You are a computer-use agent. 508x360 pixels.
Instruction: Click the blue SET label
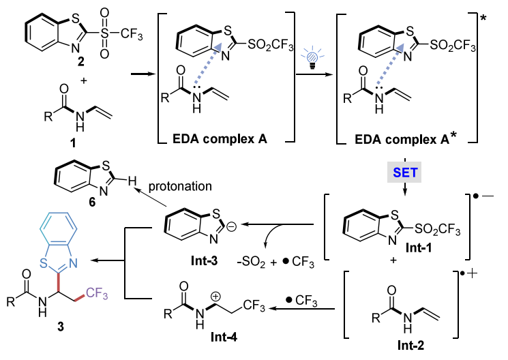click(405, 172)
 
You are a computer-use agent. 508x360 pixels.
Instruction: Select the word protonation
click(180, 186)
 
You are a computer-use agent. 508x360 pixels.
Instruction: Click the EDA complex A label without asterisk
click(220, 138)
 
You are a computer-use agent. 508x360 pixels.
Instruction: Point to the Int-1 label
click(419, 248)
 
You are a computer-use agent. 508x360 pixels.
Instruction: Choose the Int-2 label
click(410, 345)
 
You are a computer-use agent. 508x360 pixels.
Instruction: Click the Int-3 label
click(204, 260)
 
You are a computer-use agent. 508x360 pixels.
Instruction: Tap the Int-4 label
click(224, 337)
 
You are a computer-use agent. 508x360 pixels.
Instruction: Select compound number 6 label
click(92, 202)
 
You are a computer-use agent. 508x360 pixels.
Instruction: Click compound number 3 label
click(61, 327)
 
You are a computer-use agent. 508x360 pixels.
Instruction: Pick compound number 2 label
click(81, 61)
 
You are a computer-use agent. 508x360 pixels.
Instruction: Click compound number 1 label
click(73, 142)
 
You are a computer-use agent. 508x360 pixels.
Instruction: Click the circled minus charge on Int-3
click(231, 226)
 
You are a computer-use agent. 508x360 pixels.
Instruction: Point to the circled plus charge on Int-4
click(215, 296)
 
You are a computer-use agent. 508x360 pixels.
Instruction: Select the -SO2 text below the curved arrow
click(251, 262)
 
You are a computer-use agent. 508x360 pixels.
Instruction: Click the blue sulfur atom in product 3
click(44, 263)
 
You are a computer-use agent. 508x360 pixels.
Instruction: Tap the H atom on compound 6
click(132, 181)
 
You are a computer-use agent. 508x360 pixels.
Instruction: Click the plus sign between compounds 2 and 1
click(84, 80)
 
